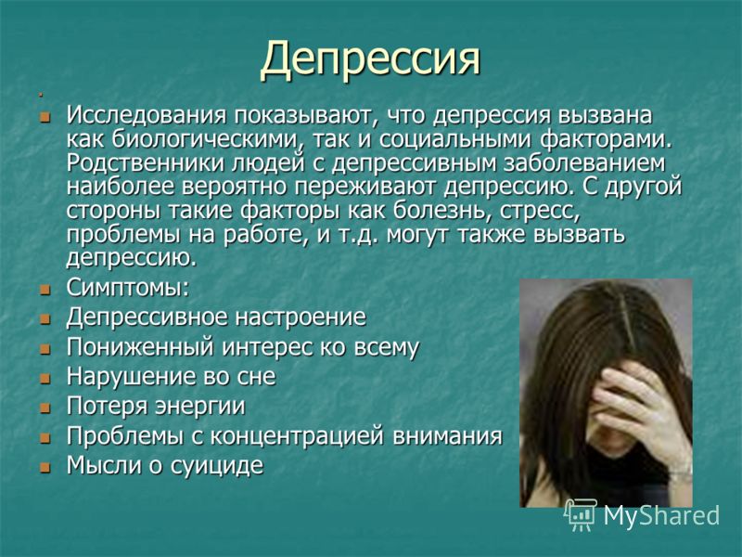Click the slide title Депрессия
[x=370, y=59]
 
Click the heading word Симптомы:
[x=128, y=288]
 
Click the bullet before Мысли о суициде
[x=45, y=468]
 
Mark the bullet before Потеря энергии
[x=45, y=408]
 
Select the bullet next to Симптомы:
[x=45, y=290]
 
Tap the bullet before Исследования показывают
[x=45, y=117]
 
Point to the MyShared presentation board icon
[x=582, y=514]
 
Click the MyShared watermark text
[x=661, y=515]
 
